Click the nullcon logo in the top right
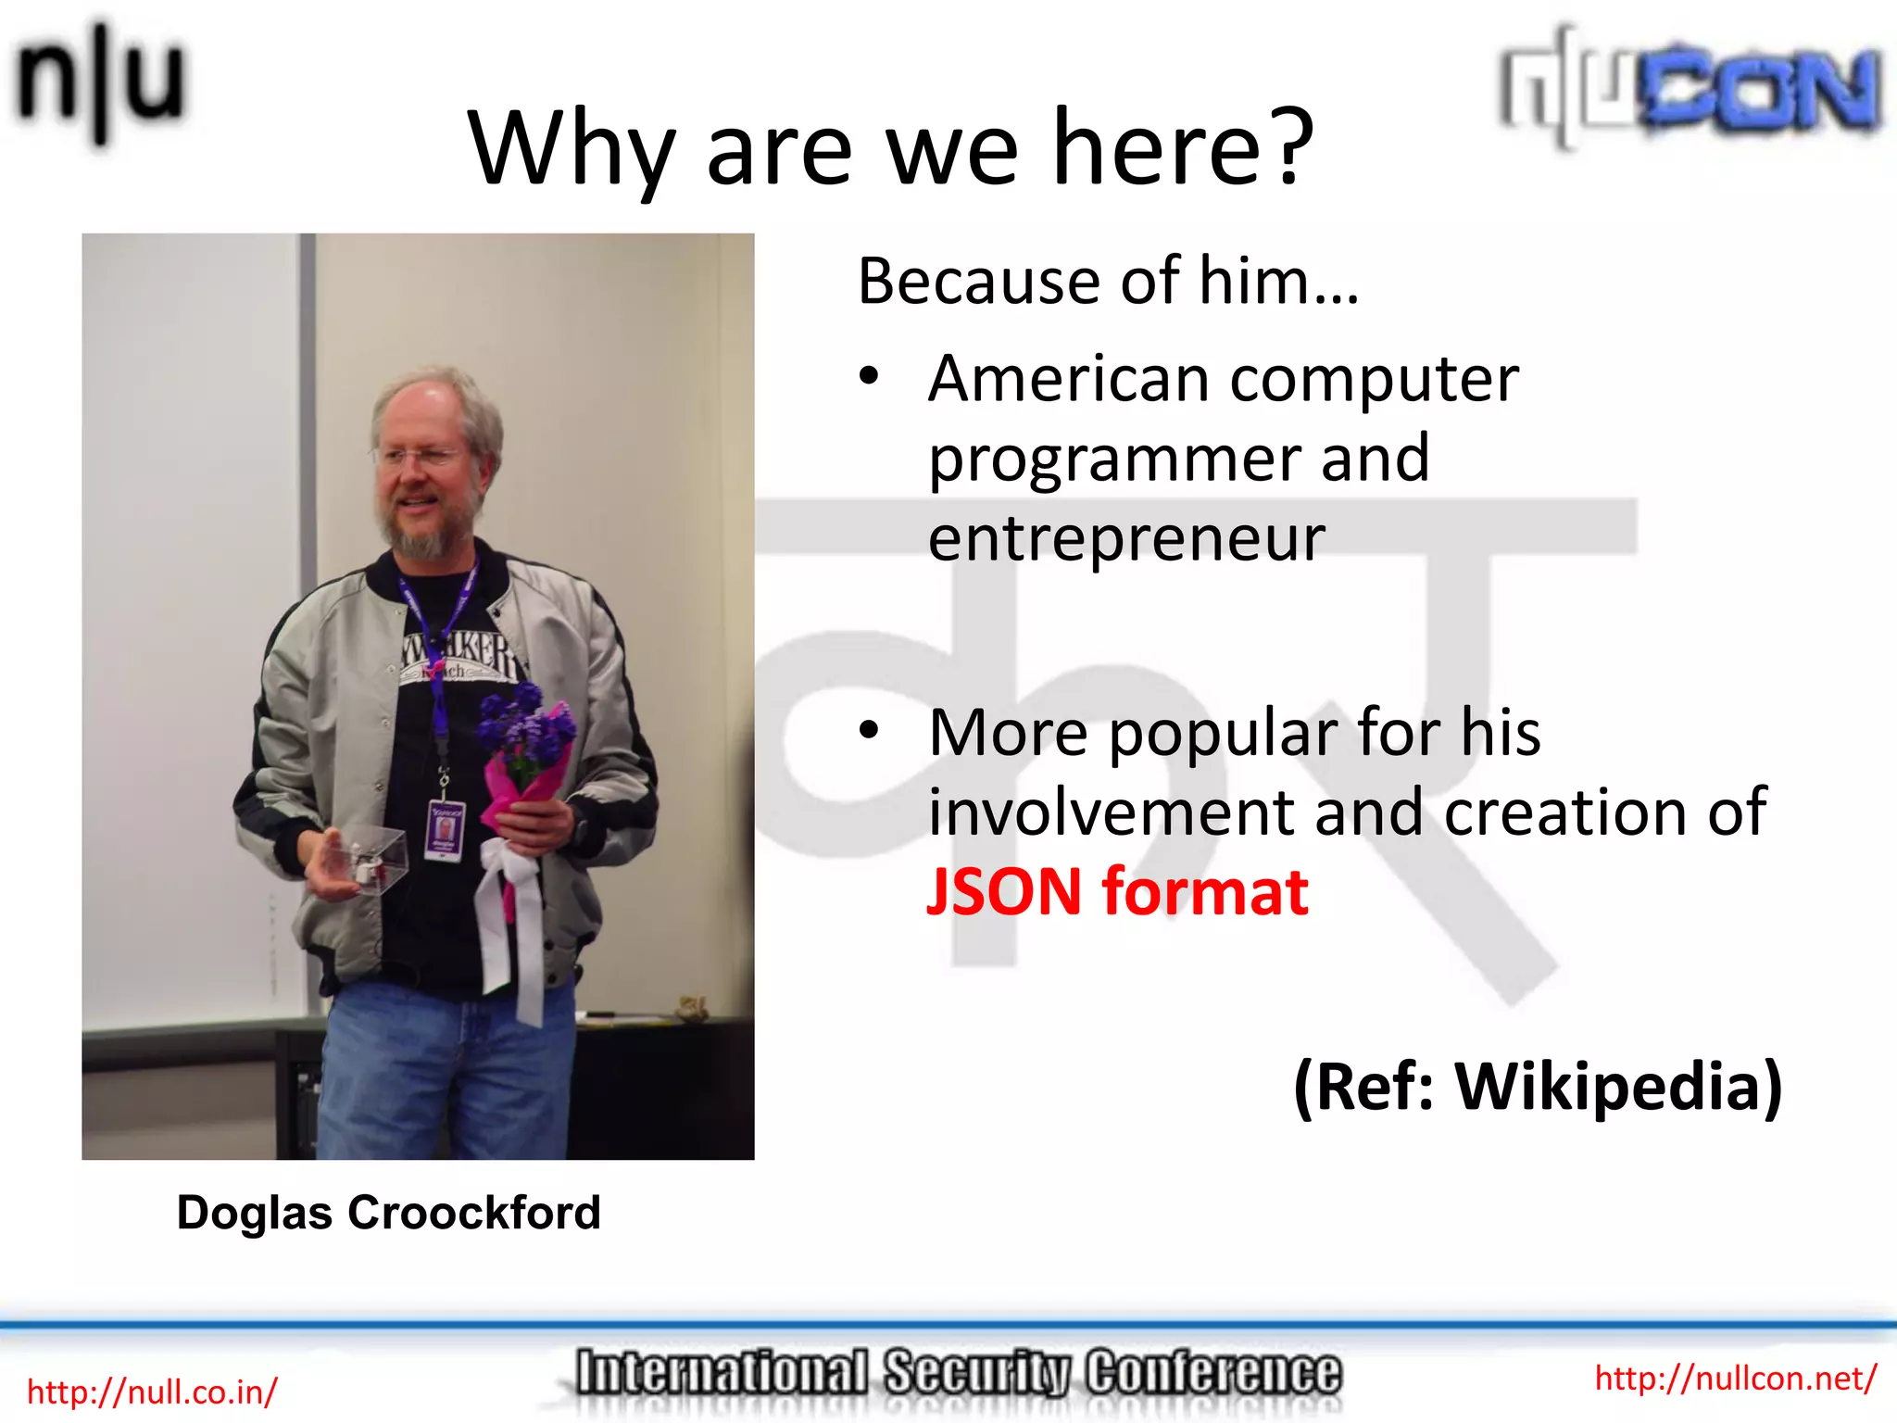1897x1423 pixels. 1690,88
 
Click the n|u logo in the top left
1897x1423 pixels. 100,83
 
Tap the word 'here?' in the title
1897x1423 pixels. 1183,148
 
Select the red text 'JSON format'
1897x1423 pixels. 1117,891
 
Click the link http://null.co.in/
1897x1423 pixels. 152,1392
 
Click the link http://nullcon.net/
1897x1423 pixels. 1735,1378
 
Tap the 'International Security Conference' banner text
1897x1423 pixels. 958,1373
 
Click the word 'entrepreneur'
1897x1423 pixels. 1126,539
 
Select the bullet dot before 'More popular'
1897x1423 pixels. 868,731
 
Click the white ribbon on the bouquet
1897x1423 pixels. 512,917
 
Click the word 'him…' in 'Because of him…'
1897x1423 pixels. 1278,281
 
